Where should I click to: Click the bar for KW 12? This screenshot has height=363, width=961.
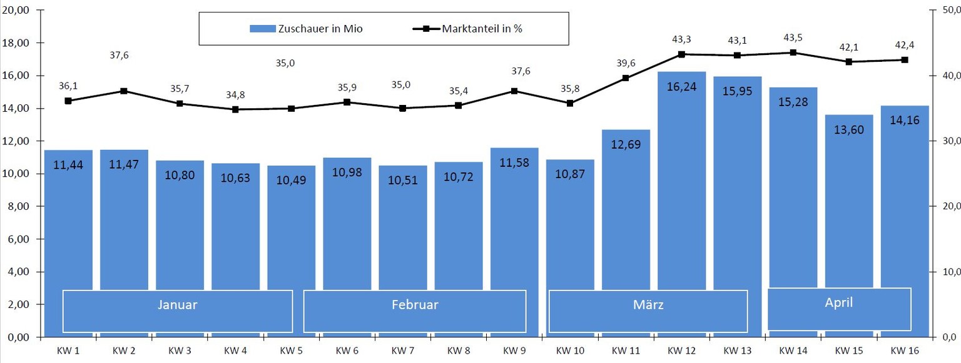coord(681,187)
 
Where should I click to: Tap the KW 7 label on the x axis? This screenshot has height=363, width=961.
coord(403,350)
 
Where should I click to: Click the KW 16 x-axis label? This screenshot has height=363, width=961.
coord(904,350)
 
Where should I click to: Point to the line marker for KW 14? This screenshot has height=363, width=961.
coord(793,52)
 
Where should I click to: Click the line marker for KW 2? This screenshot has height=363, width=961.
coord(124,91)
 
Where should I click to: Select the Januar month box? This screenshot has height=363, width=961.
coord(178,311)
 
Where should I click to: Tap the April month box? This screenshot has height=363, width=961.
coord(839,309)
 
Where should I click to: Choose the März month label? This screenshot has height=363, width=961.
coord(648,306)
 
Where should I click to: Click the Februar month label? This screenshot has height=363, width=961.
coord(415,305)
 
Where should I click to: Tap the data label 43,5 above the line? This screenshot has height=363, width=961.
coord(793,38)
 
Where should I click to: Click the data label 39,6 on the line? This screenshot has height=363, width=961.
coord(626,63)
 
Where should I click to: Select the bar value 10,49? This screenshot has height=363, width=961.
coord(292,180)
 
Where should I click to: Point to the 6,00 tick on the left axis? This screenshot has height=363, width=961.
coord(19,239)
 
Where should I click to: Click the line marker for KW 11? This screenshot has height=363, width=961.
coord(626,78)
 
